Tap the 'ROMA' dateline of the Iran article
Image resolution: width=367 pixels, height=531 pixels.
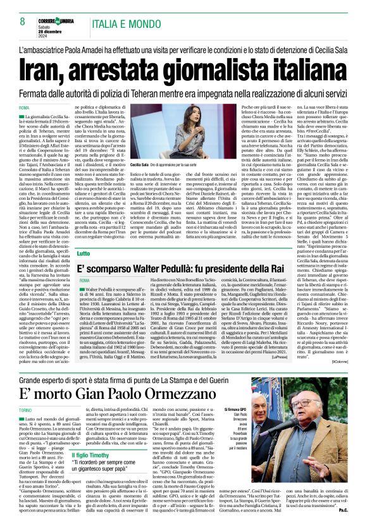26,108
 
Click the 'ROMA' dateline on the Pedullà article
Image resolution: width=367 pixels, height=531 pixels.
85,279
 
